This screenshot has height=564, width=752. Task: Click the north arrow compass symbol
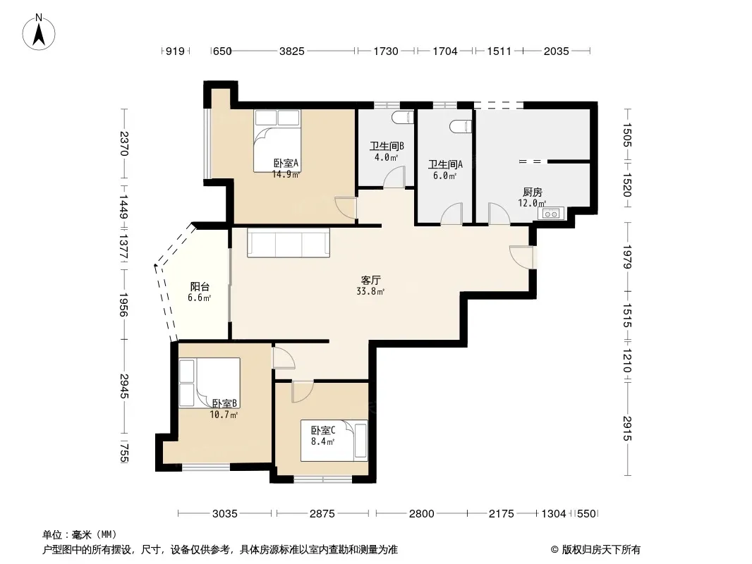click(x=39, y=32)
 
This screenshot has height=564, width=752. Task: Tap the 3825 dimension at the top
click(x=291, y=51)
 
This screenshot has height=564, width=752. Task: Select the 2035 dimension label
click(x=557, y=51)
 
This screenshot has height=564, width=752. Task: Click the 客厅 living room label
click(x=371, y=280)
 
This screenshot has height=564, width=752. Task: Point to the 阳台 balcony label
click(x=200, y=286)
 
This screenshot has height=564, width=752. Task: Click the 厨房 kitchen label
click(x=533, y=192)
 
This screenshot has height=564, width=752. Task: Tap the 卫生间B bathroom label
click(x=387, y=146)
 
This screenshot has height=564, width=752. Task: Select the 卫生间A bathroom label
click(x=445, y=165)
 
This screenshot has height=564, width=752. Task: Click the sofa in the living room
click(x=289, y=243)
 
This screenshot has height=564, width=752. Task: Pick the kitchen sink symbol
click(x=551, y=213)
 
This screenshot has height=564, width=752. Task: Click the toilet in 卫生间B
click(x=403, y=118)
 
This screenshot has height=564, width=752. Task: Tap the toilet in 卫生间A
click(x=461, y=126)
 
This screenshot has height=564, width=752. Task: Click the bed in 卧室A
click(x=277, y=141)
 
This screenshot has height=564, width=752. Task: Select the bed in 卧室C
click(x=334, y=441)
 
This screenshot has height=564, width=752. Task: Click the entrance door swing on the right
click(x=521, y=257)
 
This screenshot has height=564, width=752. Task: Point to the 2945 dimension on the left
click(x=123, y=386)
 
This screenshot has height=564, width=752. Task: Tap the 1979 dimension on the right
click(x=627, y=257)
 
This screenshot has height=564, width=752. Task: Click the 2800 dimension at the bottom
click(x=422, y=514)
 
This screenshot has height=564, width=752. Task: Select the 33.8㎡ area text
click(x=370, y=291)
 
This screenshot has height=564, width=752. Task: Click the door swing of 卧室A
click(x=346, y=208)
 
